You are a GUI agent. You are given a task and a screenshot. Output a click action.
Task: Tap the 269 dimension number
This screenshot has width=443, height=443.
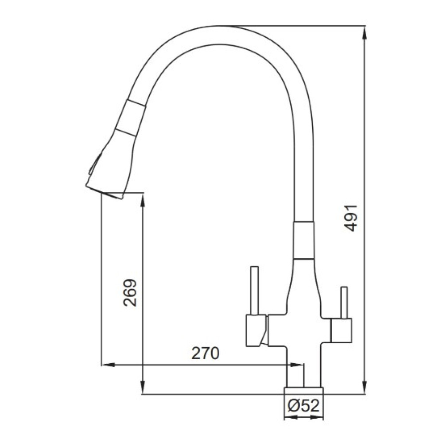(130, 293)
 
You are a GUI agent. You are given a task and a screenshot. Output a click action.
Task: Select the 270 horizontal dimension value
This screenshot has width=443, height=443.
(206, 353)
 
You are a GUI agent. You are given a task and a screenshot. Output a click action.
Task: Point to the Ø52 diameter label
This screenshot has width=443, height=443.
(303, 406)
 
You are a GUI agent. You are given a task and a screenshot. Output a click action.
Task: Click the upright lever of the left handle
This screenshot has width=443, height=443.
(255, 291)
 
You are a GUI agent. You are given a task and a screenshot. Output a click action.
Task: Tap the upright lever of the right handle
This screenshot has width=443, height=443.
(344, 303)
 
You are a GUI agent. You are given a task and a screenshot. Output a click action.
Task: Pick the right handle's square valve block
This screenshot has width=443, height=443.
(341, 330)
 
